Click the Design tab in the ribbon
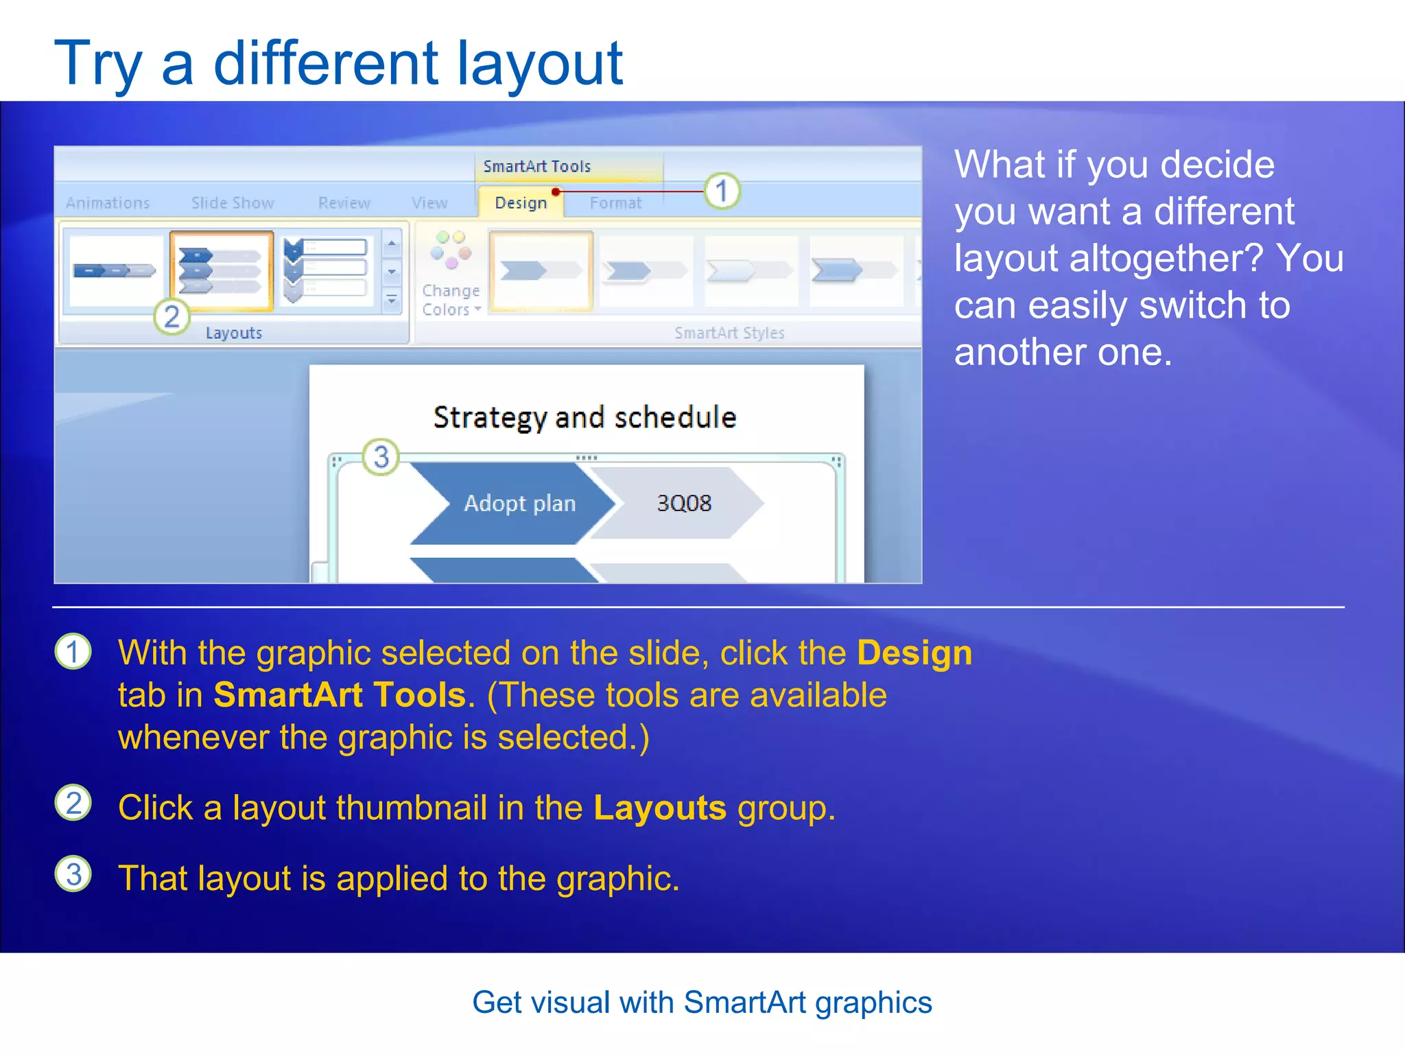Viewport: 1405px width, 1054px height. coord(521,203)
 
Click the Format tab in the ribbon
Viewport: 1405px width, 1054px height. coord(615,203)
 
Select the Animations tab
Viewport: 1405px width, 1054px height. coord(108,203)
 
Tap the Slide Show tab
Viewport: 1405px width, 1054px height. coord(233,203)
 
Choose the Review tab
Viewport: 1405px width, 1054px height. coord(344,203)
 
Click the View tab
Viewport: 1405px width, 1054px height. coord(429,203)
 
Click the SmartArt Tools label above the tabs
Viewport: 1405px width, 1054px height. coord(536,167)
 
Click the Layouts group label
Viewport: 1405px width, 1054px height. coord(234,333)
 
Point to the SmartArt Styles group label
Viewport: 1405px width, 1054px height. coord(729,333)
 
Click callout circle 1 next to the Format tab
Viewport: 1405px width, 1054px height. coord(722,191)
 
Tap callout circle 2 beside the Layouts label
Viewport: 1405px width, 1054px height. coord(172,316)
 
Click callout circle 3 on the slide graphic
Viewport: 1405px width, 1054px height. coord(381,457)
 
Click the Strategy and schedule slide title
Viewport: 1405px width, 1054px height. coord(585,417)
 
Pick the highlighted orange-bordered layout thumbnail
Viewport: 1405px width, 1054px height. coord(221,271)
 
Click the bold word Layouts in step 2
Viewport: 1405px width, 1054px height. coord(659,808)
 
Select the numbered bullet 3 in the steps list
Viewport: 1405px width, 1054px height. coord(73,874)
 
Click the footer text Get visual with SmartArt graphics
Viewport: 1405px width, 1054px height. coord(702,1003)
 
